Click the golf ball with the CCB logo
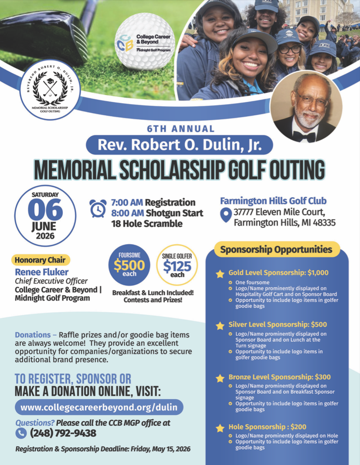(144, 41)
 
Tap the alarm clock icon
(98, 208)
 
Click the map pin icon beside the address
(225, 215)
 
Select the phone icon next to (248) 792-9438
(21, 433)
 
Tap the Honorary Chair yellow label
(40, 260)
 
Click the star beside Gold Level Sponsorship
(220, 274)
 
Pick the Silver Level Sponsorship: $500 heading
(278, 324)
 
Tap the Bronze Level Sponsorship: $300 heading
(279, 377)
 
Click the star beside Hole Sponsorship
(220, 428)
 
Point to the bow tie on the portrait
(304, 136)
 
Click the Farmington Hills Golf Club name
(273, 201)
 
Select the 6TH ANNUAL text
(180, 129)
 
